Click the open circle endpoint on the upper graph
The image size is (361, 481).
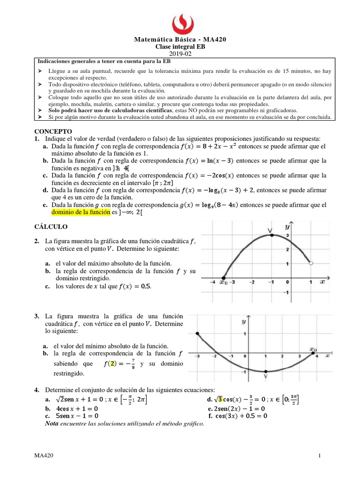[x=311, y=264]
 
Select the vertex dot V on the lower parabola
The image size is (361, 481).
[x=266, y=371]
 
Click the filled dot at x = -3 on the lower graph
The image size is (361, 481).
[x=198, y=334]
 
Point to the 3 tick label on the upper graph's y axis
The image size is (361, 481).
[x=287, y=235]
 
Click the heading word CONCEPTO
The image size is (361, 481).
[x=53, y=131]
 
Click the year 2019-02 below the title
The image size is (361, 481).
[x=180, y=54]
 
